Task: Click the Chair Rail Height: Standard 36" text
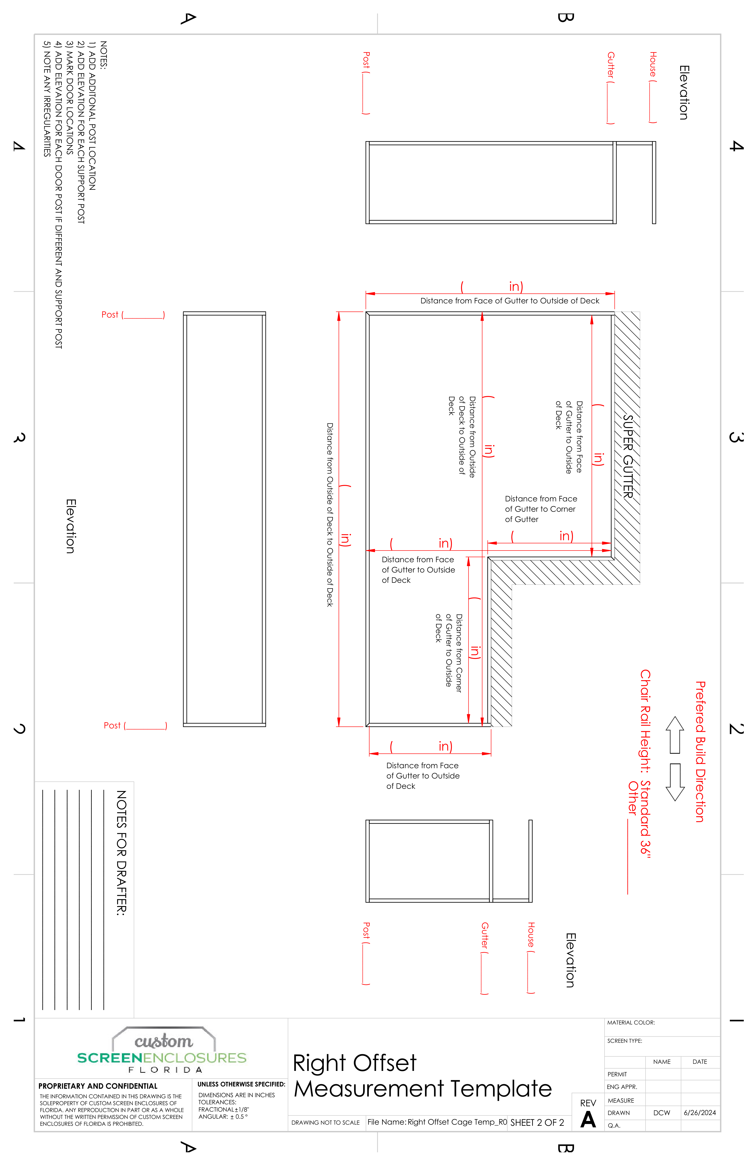click(645, 764)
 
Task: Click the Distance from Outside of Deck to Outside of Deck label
click(330, 514)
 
